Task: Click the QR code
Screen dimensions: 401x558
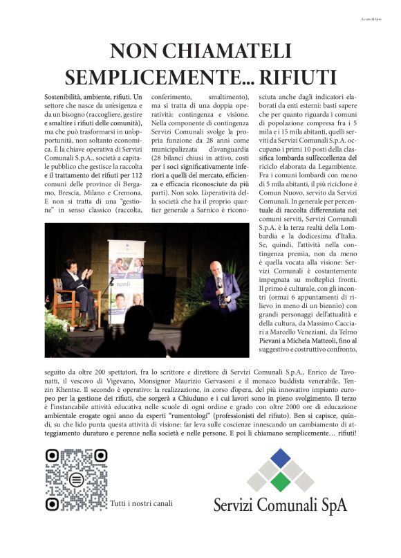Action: pyautogui.click(x=76, y=479)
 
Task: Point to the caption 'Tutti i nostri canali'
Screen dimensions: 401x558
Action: pyautogui.click(x=142, y=503)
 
